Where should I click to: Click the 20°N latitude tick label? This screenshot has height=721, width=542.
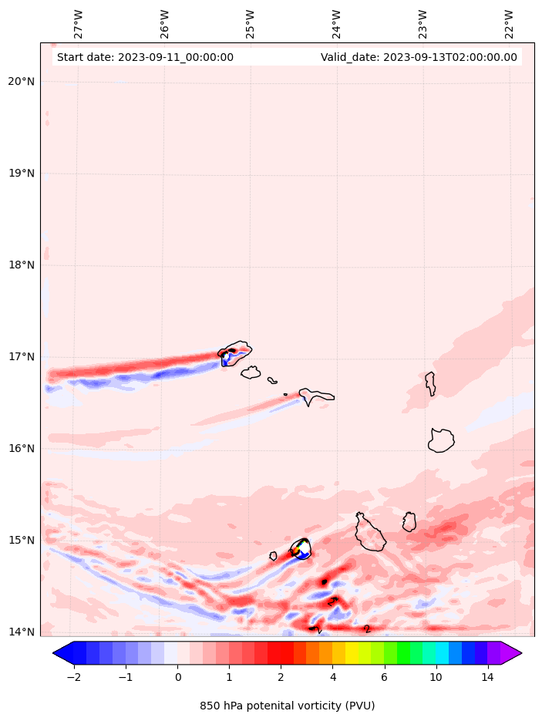pyautogui.click(x=22, y=82)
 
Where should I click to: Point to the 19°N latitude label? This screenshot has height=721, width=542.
pyautogui.click(x=22, y=174)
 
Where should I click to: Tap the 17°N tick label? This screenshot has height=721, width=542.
pyautogui.click(x=22, y=357)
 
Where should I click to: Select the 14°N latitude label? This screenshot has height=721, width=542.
pyautogui.click(x=22, y=632)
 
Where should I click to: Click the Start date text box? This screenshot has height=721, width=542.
pyautogui.click(x=145, y=57)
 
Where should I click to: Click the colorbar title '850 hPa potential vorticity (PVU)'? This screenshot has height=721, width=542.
pyautogui.click(x=287, y=706)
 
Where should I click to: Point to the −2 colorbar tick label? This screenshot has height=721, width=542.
pyautogui.click(x=74, y=678)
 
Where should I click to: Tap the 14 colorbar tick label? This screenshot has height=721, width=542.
pyautogui.click(x=487, y=678)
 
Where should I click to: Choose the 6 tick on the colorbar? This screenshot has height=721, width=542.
pyautogui.click(x=384, y=678)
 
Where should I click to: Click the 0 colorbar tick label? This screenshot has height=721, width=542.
pyautogui.click(x=177, y=678)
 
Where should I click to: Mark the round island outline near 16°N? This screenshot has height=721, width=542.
pyautogui.click(x=441, y=440)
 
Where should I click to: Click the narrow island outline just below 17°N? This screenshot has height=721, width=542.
pyautogui.click(x=430, y=383)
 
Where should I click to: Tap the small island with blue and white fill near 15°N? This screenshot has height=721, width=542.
pyautogui.click(x=301, y=548)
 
